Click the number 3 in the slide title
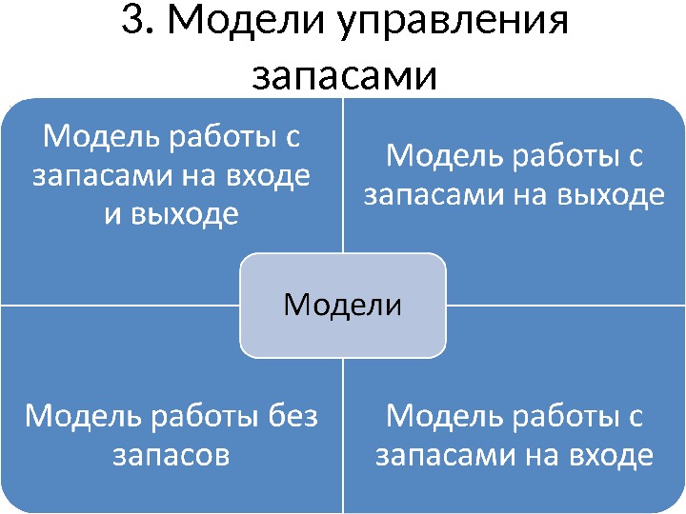click(133, 23)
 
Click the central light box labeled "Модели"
click(343, 305)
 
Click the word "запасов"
click(171, 455)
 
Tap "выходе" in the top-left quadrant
click(185, 214)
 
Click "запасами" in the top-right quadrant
click(425, 195)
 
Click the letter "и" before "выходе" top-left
click(112, 215)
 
